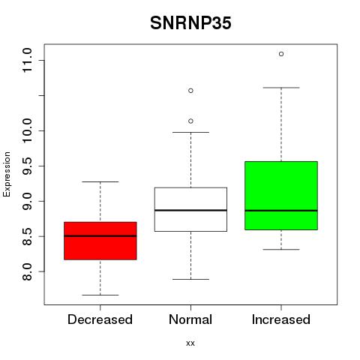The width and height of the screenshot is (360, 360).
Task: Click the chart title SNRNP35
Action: coord(190,23)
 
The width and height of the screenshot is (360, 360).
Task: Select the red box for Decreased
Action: coord(100,241)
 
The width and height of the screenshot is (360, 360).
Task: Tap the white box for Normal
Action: coord(190,209)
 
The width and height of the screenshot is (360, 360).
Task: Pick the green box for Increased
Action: coord(281,196)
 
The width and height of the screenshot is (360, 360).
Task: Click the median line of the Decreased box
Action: coord(100,235)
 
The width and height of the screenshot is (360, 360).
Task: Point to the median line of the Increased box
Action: coord(281,211)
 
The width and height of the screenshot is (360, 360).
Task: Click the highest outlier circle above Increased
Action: coord(281,54)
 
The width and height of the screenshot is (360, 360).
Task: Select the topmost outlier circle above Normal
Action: coord(190,91)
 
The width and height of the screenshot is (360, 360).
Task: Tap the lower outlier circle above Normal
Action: coord(190,121)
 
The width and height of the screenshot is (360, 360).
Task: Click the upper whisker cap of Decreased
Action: coord(100,181)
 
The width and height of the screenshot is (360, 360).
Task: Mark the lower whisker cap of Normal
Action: coord(190,279)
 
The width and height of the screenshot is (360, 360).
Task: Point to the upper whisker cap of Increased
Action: coord(281,88)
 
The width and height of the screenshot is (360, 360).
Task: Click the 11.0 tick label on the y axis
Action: coord(27,60)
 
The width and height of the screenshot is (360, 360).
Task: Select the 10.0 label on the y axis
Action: coord(27,130)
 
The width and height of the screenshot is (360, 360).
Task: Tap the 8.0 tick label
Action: coord(27,271)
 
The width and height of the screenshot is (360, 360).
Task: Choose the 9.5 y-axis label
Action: coord(27,166)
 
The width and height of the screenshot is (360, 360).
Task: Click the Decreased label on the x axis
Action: coord(100,319)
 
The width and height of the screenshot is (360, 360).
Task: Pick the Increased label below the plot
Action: coord(281,319)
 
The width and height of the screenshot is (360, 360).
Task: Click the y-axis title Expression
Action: coord(7,174)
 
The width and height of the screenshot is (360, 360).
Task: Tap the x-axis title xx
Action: coord(190,343)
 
